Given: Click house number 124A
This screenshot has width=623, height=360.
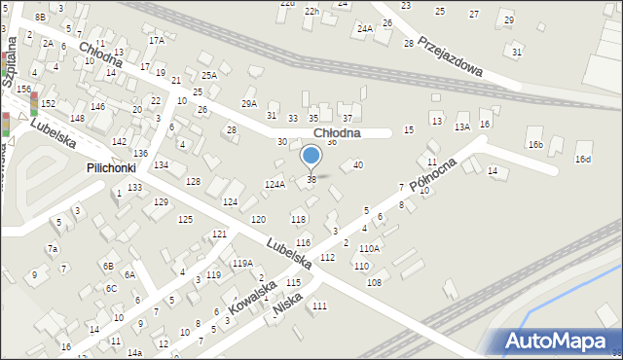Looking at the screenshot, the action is coord(275,184).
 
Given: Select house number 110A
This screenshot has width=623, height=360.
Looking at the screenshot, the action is coord(369,249).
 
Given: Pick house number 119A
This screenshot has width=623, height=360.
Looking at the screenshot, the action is coord(242,263).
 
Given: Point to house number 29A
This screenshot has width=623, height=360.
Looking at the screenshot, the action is coord(249,103).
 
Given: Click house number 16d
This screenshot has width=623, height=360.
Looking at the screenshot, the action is coord(582,159).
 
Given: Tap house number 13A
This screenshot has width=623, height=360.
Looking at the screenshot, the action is coord(462,126).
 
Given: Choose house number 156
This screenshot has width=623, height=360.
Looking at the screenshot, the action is coord(23,89).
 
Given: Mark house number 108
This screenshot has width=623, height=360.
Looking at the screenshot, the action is coord(374,282).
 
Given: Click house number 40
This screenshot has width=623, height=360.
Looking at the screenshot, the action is coord(358,164).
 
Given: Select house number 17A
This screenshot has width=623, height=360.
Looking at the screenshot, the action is coord(157,41).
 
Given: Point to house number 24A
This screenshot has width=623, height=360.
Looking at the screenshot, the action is coord(364,29).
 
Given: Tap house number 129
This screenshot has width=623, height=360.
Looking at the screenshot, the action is coord(161,201).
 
